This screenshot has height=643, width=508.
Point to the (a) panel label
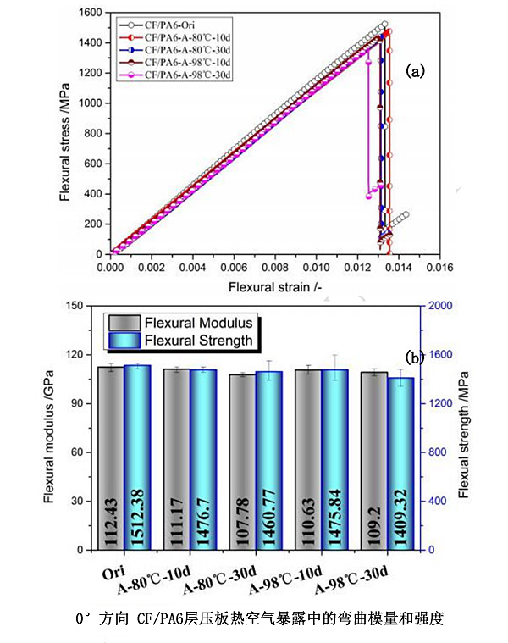coord(415,71)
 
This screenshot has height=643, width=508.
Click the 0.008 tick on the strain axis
coord(274,267)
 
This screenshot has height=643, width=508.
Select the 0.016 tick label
coord(439,267)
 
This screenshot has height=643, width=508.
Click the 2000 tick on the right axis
coord(441,306)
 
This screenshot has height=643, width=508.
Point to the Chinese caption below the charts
coord(258,619)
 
